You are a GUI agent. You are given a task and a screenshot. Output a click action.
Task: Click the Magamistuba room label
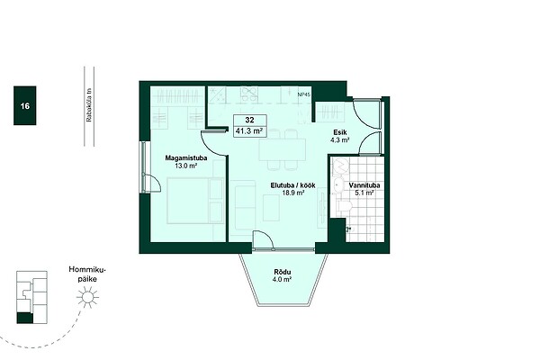(x=186, y=158)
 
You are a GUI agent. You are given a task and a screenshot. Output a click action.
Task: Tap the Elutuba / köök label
(x=292, y=185)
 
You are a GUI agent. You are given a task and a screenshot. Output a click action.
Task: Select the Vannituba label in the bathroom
(x=364, y=185)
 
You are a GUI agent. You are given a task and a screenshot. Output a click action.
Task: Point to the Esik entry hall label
(x=340, y=132)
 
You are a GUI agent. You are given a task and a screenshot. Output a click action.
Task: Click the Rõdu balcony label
(x=283, y=272)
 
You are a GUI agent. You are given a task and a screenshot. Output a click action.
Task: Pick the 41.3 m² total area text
(x=249, y=130)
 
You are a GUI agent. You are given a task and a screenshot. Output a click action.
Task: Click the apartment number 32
(x=249, y=120)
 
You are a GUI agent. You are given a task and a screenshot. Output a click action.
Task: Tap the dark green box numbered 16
(x=25, y=105)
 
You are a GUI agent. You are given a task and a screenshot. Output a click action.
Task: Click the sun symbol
(x=87, y=297)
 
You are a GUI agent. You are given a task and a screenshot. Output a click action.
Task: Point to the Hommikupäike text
(x=87, y=274)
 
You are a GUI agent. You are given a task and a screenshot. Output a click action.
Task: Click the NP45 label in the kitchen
(x=304, y=94)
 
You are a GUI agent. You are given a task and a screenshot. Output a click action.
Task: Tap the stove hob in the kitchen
(x=249, y=94)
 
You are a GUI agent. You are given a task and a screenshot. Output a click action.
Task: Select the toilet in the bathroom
(x=345, y=207)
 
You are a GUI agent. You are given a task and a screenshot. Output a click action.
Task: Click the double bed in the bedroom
(x=195, y=201)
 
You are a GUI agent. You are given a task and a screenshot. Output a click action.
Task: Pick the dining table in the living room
(x=283, y=149)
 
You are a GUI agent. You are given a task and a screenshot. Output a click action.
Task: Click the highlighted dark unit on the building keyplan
(x=25, y=318)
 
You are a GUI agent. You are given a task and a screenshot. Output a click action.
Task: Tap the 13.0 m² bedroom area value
(x=186, y=166)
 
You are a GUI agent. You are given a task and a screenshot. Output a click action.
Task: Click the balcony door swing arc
(x=266, y=237)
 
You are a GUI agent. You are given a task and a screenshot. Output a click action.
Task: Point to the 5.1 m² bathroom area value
(x=364, y=193)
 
